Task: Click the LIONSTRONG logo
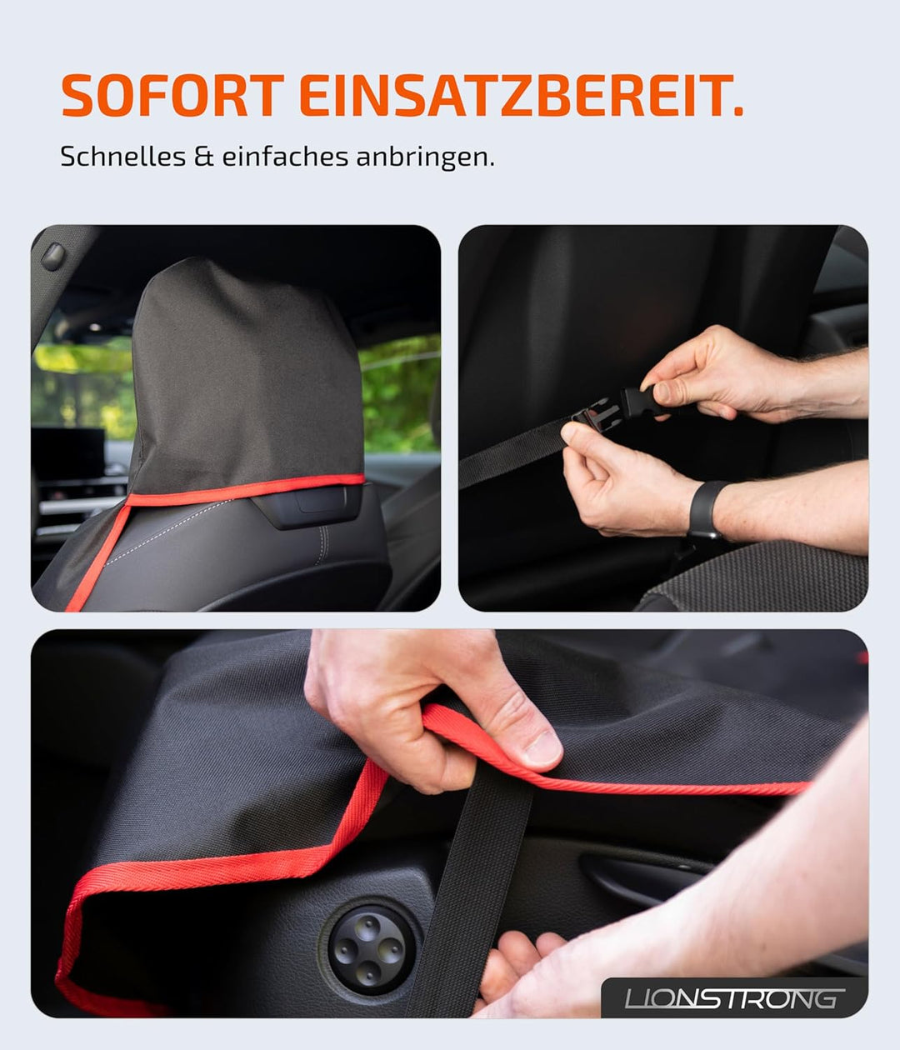733,997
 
